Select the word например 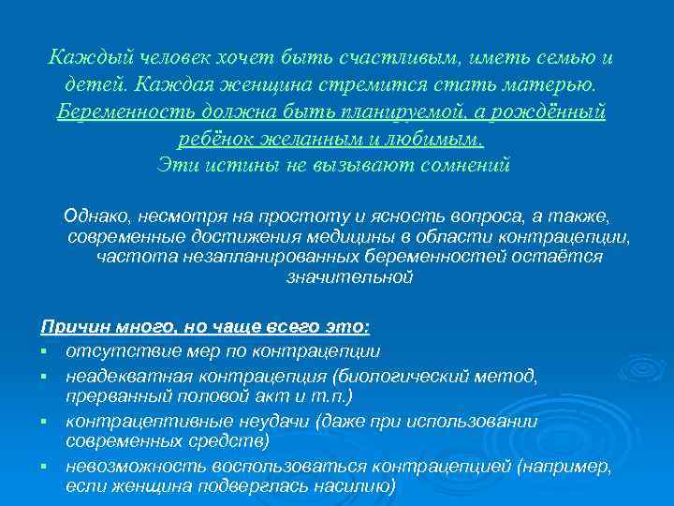click(x=564, y=466)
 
